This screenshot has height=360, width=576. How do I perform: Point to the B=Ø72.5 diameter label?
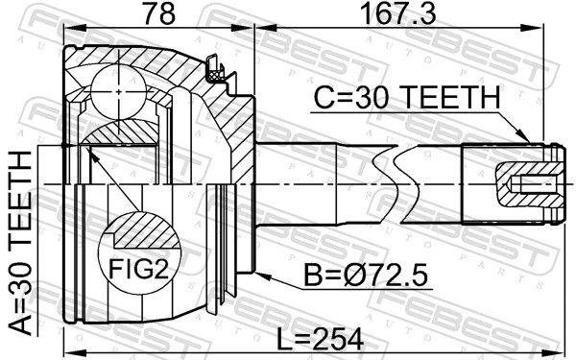366,278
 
